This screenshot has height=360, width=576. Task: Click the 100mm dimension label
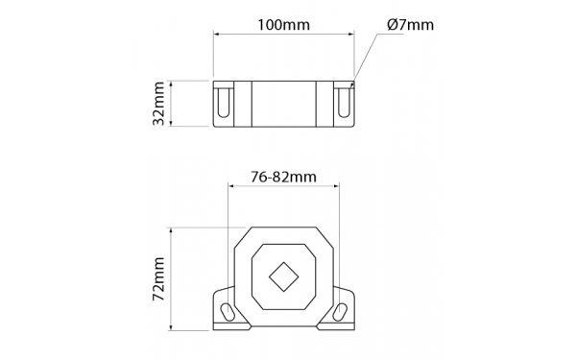click(x=283, y=25)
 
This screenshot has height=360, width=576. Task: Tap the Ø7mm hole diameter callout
click(x=410, y=25)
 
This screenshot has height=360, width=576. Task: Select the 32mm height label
click(x=158, y=104)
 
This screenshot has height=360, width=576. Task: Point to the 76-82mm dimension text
click(x=283, y=177)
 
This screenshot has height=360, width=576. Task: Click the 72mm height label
click(x=158, y=278)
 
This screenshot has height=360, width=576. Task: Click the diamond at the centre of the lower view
click(x=283, y=277)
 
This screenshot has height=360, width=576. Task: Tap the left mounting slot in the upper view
click(x=224, y=103)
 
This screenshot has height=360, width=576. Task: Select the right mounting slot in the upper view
click(x=344, y=103)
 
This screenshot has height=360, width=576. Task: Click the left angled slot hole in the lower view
click(x=228, y=312)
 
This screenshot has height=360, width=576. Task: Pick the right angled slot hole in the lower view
click(x=340, y=312)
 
